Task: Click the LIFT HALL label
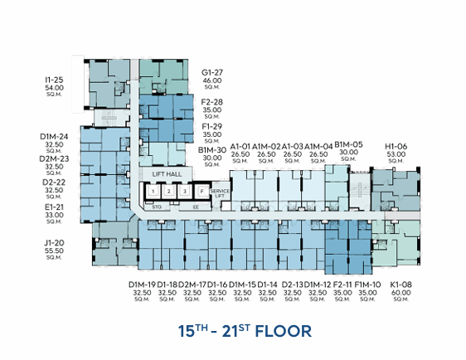[x=167, y=174]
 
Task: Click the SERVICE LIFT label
[x=220, y=192]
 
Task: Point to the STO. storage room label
[x=156, y=207]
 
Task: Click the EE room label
[x=195, y=207]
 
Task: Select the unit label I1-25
[x=54, y=79]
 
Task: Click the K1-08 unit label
[x=401, y=285]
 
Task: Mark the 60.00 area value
[x=401, y=292]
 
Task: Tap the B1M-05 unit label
[x=349, y=144]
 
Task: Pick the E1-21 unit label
[x=54, y=207]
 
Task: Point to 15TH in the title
[x=192, y=332]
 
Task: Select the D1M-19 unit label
[x=141, y=285]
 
